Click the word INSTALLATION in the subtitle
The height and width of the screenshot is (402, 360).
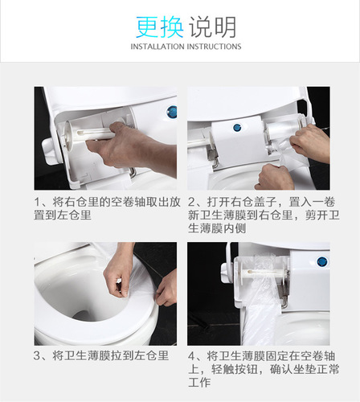(x=157, y=47)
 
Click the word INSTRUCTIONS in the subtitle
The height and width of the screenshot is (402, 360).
(x=214, y=47)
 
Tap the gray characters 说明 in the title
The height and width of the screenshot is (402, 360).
(x=211, y=27)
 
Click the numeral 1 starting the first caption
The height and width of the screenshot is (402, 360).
(x=39, y=201)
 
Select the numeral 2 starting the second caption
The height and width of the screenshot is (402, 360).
(x=193, y=201)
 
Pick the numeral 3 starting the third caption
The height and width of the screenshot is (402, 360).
(x=39, y=355)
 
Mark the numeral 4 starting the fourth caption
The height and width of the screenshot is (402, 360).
(x=193, y=355)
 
